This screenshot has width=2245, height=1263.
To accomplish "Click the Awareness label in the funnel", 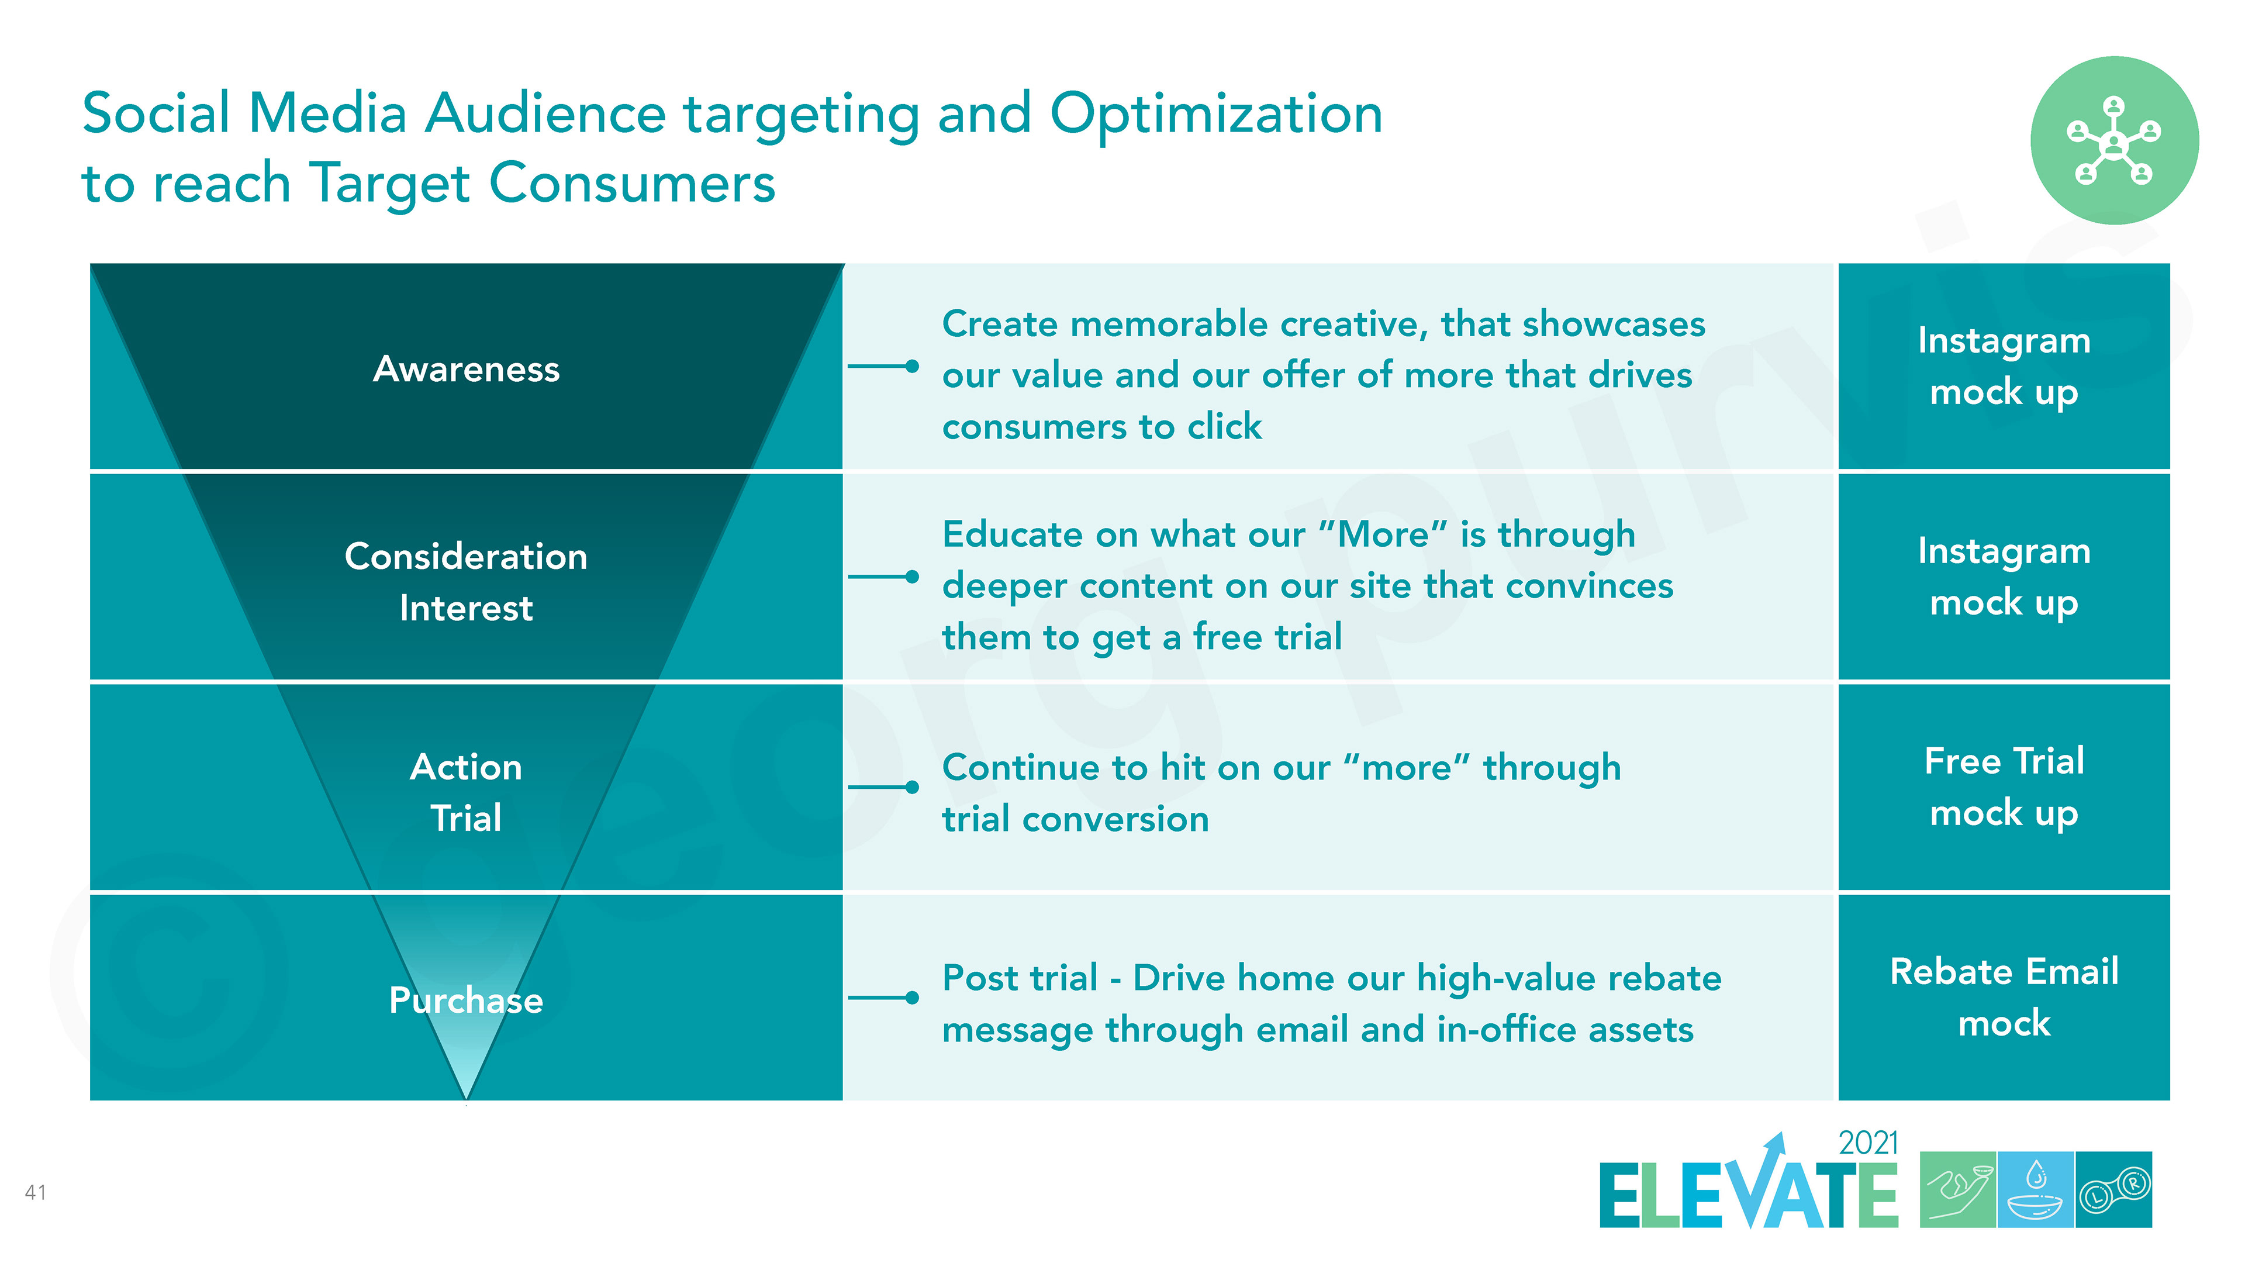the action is [x=467, y=370].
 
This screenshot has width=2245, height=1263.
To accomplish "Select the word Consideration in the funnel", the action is [x=467, y=556].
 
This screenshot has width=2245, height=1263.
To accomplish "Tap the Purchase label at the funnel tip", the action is [x=467, y=1000].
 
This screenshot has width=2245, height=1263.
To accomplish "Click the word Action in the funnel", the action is [x=467, y=767].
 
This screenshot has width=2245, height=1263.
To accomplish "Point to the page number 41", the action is [x=36, y=1192].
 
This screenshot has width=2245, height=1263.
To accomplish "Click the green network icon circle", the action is [x=2114, y=140].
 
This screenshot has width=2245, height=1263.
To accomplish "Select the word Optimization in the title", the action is [x=1217, y=114].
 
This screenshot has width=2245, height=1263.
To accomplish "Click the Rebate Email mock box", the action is [x=2004, y=997].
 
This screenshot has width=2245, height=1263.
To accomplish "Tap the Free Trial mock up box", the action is [x=2004, y=786].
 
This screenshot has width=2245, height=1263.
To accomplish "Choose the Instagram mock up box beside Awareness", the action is [x=2004, y=366].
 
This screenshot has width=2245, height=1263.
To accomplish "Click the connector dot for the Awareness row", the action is [x=911, y=366].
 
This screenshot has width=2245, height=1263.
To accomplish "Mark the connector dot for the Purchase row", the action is [x=911, y=997].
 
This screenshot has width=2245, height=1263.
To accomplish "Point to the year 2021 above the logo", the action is [x=1868, y=1143].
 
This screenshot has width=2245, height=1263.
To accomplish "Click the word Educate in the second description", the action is [x=1013, y=534].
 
